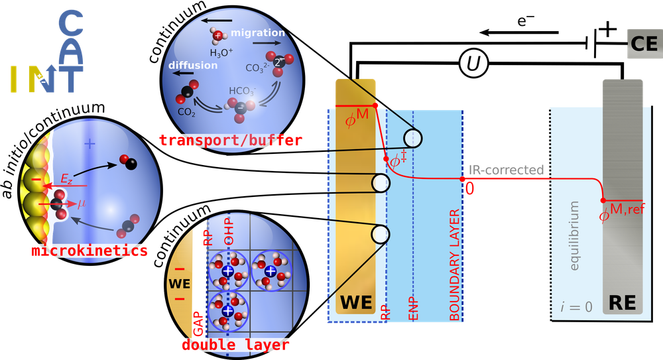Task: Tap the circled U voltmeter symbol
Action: click(x=473, y=64)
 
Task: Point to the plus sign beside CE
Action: click(x=608, y=29)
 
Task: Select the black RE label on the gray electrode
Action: click(x=623, y=303)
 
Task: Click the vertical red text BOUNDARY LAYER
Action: click(x=454, y=265)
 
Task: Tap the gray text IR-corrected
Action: click(x=506, y=170)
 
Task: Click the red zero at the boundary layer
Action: click(x=470, y=189)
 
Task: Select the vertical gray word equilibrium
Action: click(x=573, y=236)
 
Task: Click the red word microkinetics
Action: click(x=90, y=251)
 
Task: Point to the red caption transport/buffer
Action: click(x=231, y=140)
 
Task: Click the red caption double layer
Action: click(x=235, y=345)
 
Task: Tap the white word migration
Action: click(x=257, y=32)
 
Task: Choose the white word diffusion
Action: click(x=193, y=65)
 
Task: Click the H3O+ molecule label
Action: click(x=221, y=53)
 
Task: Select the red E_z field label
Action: click(x=66, y=179)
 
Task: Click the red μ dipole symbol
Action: click(x=81, y=204)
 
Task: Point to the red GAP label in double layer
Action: click(x=198, y=324)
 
